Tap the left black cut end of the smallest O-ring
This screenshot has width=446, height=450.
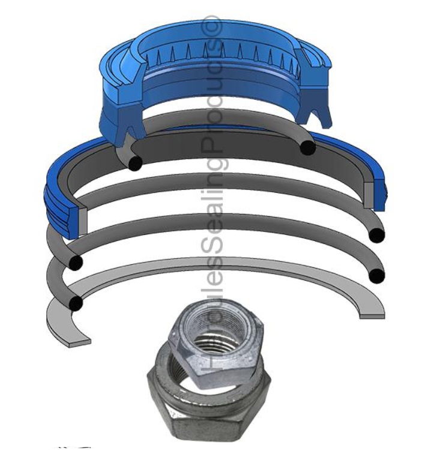point(135,162)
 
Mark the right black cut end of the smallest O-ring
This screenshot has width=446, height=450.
point(308,147)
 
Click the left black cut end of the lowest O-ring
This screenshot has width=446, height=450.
point(76,303)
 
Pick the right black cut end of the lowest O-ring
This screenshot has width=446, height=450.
point(376,276)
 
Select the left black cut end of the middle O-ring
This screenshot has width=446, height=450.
point(76,263)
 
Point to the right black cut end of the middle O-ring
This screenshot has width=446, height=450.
point(376,235)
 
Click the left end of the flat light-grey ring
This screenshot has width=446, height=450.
point(78,341)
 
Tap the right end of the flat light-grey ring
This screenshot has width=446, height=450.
point(372,313)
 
